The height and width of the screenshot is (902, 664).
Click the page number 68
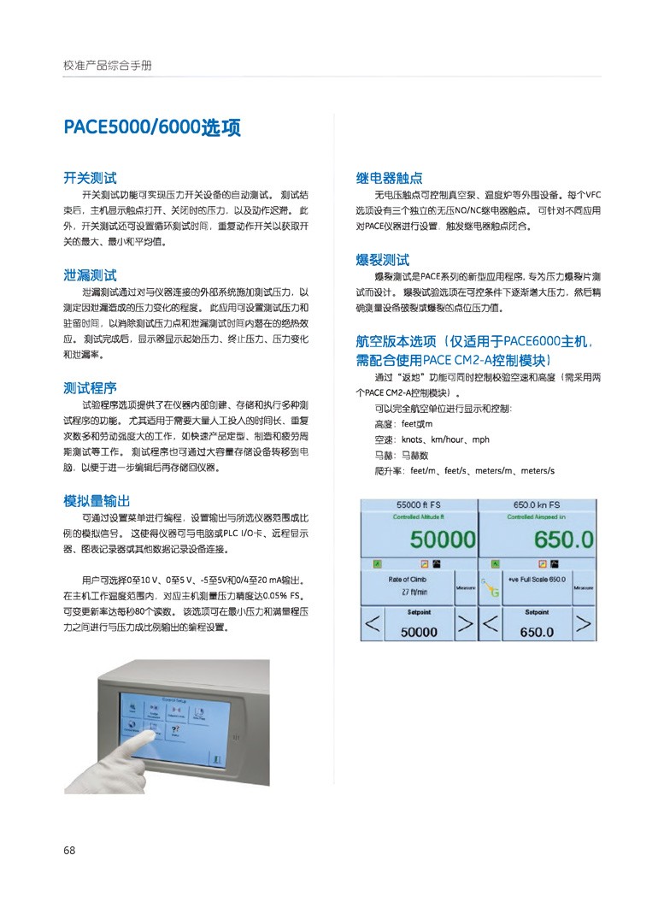(69, 850)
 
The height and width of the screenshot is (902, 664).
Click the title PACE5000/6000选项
(152, 128)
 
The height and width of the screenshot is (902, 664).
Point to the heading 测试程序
(90, 387)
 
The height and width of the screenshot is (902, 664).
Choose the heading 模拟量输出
(97, 500)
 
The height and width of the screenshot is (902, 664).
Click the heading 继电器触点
(389, 179)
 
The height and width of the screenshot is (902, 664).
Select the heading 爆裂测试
(382, 259)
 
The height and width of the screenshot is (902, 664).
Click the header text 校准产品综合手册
(108, 65)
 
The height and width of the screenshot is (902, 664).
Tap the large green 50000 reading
(442, 539)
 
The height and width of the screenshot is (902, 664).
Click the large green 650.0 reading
(563, 539)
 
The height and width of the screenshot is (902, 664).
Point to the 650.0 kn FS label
(537, 504)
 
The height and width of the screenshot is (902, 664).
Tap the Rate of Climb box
(406, 585)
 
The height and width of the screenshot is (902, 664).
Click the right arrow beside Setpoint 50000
(464, 625)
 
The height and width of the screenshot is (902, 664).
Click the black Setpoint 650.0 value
(537, 633)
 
